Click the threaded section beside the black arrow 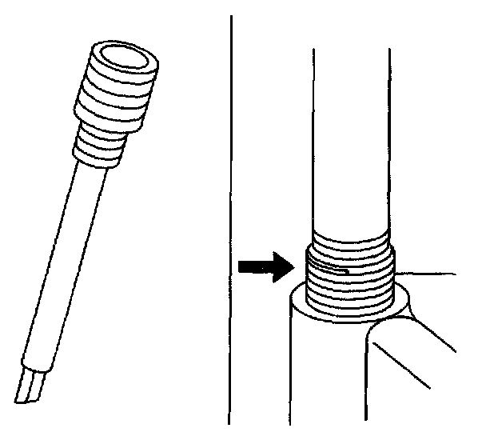click(x=352, y=276)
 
